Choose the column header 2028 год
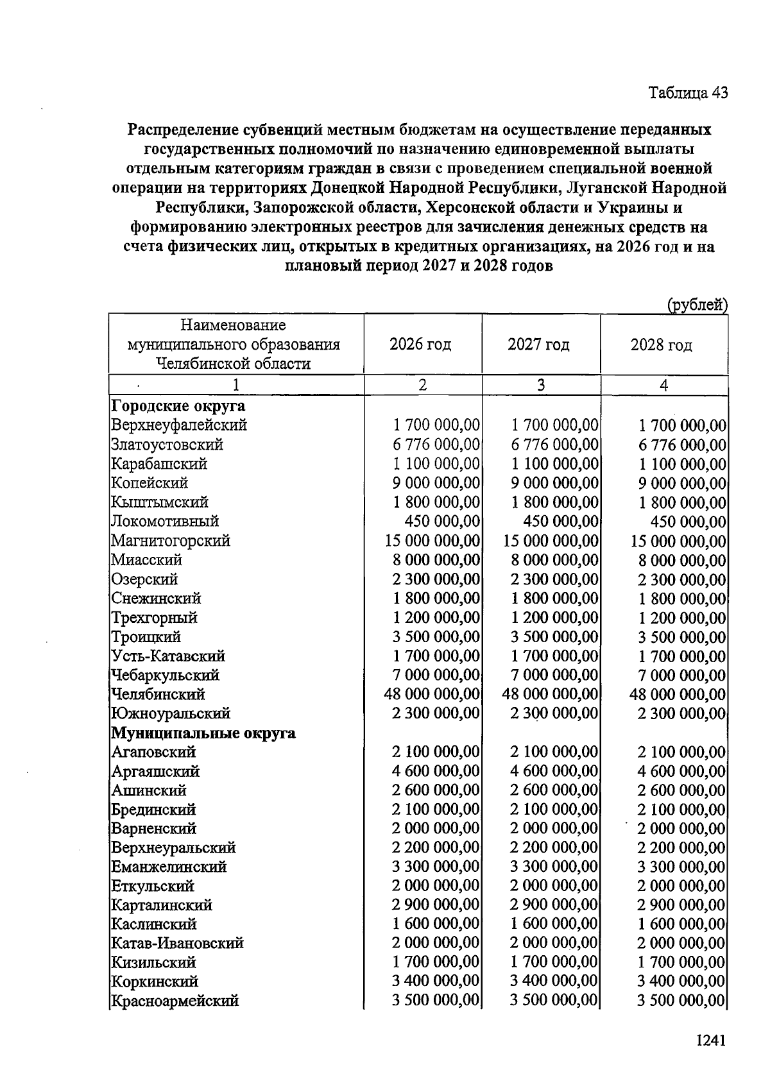tap(661, 345)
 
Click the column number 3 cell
tap(541, 385)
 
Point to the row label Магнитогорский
tap(171, 541)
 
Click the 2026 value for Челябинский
tap(432, 694)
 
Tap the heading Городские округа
tap(178, 406)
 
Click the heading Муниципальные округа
tap(203, 733)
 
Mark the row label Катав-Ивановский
tap(177, 943)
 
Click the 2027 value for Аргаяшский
tap(554, 771)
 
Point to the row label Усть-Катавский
tap(168, 656)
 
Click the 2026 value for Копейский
tap(436, 483)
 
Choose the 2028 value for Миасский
tap(682, 560)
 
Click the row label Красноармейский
tap(175, 1001)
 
